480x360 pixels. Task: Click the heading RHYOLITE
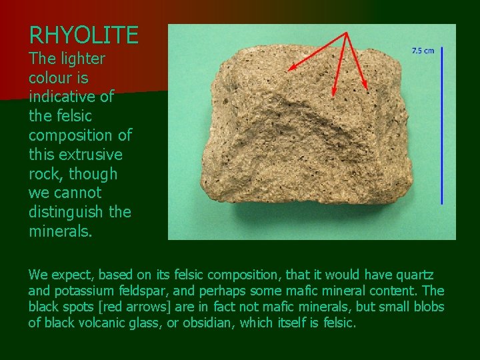tap(83, 35)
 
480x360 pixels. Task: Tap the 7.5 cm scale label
tap(423, 51)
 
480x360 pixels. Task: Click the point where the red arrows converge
tap(347, 33)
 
